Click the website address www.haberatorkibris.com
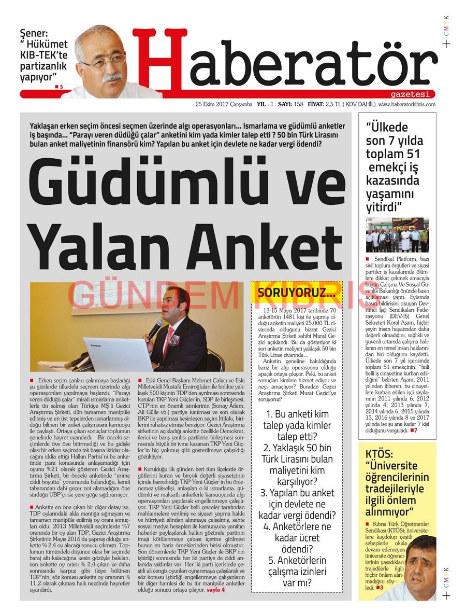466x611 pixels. click(407, 104)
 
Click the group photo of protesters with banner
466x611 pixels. click(397, 234)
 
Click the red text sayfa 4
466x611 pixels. click(216, 590)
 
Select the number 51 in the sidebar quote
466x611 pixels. click(413, 154)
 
